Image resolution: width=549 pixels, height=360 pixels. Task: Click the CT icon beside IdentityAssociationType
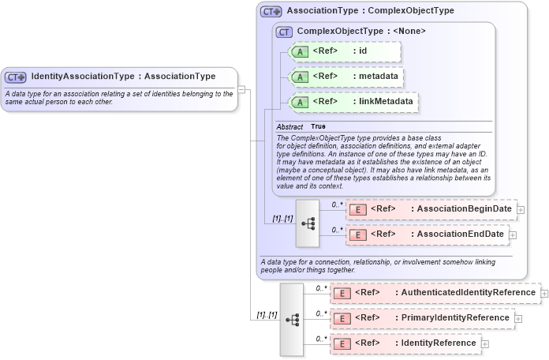[x=16, y=77]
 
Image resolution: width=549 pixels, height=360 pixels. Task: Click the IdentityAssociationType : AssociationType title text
[x=123, y=77]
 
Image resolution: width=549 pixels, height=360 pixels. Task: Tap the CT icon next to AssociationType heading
[x=271, y=12]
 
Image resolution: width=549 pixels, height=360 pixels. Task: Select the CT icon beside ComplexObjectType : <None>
[x=283, y=32]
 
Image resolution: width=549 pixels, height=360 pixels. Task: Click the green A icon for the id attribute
[x=300, y=51]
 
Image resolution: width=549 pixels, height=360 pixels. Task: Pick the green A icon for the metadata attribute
[x=300, y=77]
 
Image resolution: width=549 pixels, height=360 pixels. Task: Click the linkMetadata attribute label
[x=382, y=102]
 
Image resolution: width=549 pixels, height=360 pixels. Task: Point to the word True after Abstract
[x=318, y=126]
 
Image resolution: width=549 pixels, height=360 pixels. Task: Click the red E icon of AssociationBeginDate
[x=357, y=209]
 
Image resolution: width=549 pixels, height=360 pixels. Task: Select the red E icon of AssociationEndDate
[x=357, y=234]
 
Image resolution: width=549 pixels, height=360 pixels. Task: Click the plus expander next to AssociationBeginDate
[x=521, y=210]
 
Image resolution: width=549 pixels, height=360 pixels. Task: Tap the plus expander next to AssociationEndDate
[x=514, y=235]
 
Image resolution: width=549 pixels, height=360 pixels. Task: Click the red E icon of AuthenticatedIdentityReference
[x=342, y=293]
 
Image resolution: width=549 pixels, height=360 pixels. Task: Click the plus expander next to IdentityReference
[x=485, y=344]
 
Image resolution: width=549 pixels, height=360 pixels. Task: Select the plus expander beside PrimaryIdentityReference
[x=518, y=319]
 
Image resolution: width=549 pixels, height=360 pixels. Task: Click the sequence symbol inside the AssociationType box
[x=308, y=223]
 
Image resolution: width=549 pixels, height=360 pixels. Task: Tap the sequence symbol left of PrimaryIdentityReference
[x=292, y=319]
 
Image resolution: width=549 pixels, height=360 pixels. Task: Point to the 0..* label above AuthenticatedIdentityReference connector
[x=321, y=288]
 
